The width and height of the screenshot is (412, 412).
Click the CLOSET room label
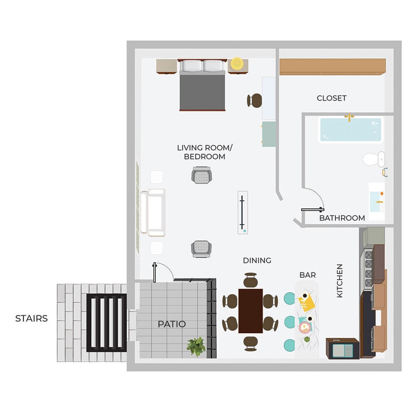point(331,98)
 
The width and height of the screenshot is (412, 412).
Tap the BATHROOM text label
point(342,218)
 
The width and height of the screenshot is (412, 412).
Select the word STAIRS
point(32,319)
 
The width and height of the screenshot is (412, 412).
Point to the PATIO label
point(172,324)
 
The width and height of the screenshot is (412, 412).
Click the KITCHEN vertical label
point(340,281)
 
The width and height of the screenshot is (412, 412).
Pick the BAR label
point(308,275)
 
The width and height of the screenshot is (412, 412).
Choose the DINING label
point(257,261)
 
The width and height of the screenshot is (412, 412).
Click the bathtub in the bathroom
point(350,130)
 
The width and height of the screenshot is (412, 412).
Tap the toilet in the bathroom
point(374,159)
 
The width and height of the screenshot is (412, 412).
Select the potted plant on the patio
point(196,346)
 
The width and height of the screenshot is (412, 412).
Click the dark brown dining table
point(250,311)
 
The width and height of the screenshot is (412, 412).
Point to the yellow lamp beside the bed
point(237,63)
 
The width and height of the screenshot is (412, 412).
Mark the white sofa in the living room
point(153,212)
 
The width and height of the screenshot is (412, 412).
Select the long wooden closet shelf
point(332,67)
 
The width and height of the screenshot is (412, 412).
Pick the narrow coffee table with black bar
point(243,212)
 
